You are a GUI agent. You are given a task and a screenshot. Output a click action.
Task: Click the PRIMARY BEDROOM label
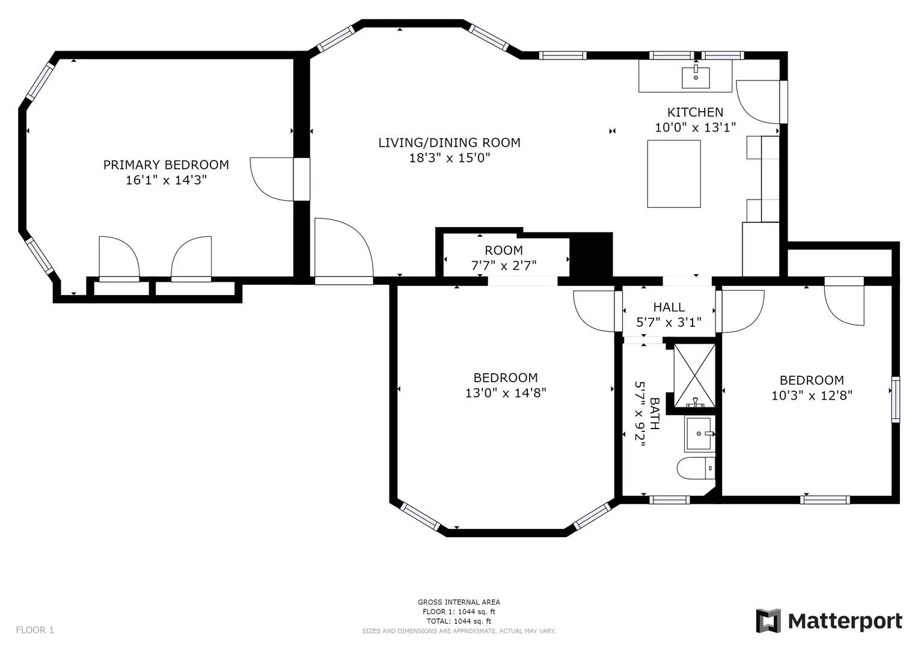166,165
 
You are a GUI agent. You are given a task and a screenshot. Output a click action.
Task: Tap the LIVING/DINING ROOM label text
449,142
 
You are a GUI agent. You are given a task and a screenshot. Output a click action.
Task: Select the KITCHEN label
695,112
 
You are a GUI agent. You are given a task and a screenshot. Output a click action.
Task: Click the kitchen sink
696,78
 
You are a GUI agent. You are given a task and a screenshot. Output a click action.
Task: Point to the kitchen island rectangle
674,174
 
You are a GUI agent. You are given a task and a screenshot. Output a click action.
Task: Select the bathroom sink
699,434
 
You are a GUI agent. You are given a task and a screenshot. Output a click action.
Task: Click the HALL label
669,308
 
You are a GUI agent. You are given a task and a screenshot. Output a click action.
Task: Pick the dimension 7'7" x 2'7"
504,265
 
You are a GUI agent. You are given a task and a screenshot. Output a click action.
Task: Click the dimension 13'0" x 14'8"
506,393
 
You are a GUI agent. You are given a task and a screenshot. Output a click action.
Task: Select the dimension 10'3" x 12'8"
812,395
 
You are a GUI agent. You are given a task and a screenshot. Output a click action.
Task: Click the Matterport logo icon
768,621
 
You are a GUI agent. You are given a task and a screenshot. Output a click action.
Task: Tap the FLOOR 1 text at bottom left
35,630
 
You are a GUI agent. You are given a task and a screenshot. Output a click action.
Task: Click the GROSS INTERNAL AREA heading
459,602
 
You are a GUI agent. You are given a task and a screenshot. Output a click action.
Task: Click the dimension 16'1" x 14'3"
166,180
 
